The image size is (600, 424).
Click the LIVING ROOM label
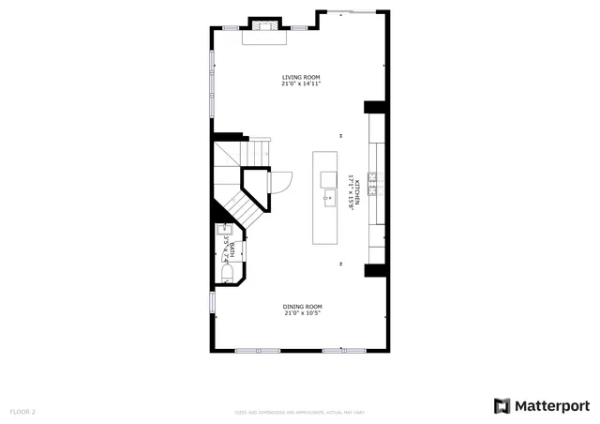coord(302,77)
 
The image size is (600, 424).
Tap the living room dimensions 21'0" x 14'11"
coord(302,83)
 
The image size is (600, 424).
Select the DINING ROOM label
coord(303,307)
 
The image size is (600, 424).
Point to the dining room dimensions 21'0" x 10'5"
coord(303,313)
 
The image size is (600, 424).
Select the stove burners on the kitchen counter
coord(373,182)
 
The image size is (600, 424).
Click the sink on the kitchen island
coord(329,198)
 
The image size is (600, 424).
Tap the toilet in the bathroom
coord(228,273)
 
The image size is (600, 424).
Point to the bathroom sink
coord(224,232)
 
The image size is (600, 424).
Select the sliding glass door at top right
coord(352,12)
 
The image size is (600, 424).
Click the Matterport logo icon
coord(502,405)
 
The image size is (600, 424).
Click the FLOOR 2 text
coord(22,412)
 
